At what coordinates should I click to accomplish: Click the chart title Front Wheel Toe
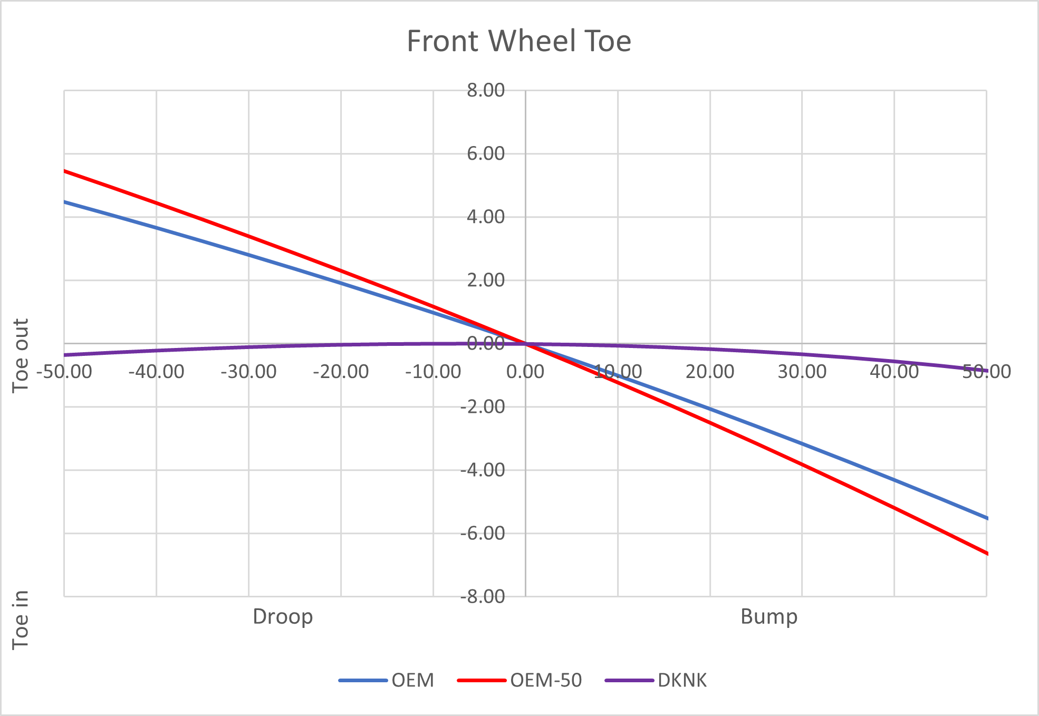pyautogui.click(x=519, y=41)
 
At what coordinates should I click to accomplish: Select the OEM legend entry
pyautogui.click(x=412, y=680)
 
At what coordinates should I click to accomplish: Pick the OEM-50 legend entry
pyautogui.click(x=545, y=680)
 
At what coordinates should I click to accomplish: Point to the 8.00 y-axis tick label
pyautogui.click(x=486, y=90)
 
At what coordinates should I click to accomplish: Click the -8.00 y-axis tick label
pyautogui.click(x=483, y=596)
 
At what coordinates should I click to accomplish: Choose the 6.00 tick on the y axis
pyautogui.click(x=486, y=153)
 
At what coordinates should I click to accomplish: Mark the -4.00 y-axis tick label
pyautogui.click(x=483, y=470)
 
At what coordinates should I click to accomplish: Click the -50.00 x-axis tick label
pyautogui.click(x=64, y=372)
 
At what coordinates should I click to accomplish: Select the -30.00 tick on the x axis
pyautogui.click(x=248, y=372)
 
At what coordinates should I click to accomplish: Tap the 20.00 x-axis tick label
pyautogui.click(x=710, y=372)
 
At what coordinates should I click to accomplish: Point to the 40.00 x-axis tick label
pyautogui.click(x=894, y=372)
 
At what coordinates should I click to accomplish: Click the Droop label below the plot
pyautogui.click(x=283, y=616)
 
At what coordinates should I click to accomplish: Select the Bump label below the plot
pyautogui.click(x=769, y=616)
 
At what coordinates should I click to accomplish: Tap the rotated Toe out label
pyautogui.click(x=21, y=355)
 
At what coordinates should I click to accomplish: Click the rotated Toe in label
pyautogui.click(x=21, y=620)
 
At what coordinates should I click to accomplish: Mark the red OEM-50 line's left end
pyautogui.click(x=65, y=171)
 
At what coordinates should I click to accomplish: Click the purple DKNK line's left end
pyautogui.click(x=65, y=355)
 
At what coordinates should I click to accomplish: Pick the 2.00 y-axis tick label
pyautogui.click(x=486, y=280)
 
